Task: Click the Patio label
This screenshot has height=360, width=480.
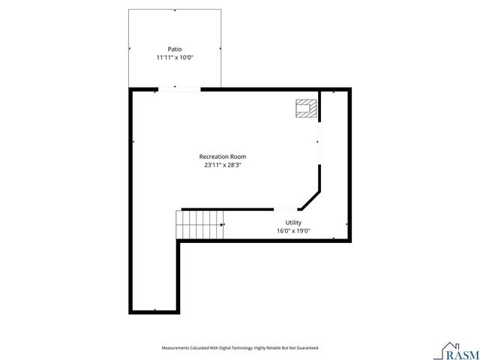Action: click(174, 49)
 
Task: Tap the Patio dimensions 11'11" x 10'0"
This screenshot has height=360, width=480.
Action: click(174, 57)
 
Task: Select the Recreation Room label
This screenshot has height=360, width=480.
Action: click(223, 157)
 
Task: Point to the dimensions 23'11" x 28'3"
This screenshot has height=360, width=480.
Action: click(223, 165)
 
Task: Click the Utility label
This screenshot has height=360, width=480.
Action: click(293, 223)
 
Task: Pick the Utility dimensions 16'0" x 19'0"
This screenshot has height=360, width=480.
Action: click(293, 231)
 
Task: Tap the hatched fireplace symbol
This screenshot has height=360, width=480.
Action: click(305, 109)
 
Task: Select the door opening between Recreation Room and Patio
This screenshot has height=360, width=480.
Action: click(179, 90)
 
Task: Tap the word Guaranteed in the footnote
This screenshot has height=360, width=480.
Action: click(307, 348)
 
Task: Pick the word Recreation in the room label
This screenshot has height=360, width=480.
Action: click(214, 157)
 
